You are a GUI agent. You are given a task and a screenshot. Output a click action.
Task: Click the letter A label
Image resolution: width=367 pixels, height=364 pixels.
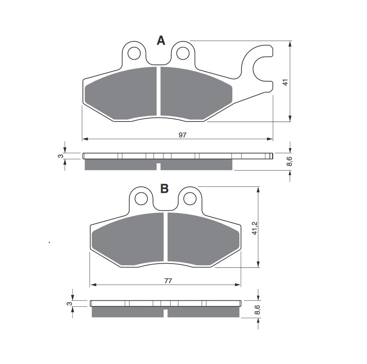pos(161,40)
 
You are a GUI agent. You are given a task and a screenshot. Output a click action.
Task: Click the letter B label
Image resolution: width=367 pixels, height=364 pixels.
pos(164,188)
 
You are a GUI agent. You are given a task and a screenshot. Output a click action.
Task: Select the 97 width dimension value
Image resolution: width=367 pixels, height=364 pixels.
pos(182,135)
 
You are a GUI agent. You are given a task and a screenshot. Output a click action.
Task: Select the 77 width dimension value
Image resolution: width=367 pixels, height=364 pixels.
pos(168,281)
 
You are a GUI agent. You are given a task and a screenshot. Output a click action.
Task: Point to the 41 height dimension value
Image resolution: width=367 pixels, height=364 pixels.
pos(285,82)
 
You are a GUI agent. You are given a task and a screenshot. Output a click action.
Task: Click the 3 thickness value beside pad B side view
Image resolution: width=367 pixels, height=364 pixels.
pos(69,303)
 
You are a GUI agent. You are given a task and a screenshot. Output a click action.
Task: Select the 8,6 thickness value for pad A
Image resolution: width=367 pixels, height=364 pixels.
pos(290,162)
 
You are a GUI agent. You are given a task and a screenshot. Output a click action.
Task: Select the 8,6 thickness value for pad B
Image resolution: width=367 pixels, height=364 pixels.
pos(258,309)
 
